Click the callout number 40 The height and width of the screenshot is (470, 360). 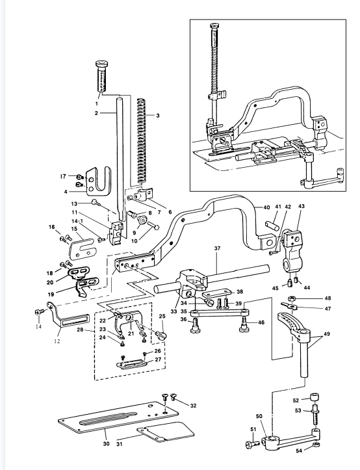click(266, 207)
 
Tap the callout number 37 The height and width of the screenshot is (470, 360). click(217, 248)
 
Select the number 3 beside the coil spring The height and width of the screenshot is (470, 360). click(158, 116)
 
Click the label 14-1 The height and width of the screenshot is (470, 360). click(77, 221)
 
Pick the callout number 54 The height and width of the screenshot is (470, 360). click(299, 450)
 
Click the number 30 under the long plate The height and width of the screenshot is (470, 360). click(106, 443)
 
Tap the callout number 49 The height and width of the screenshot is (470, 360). click(327, 333)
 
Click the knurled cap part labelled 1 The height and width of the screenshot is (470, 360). click(102, 77)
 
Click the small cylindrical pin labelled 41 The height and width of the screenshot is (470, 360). click(272, 226)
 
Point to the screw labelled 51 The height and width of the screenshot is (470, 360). click(252, 443)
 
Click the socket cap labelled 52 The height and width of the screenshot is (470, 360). click(314, 398)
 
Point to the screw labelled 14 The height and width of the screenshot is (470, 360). click(38, 312)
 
